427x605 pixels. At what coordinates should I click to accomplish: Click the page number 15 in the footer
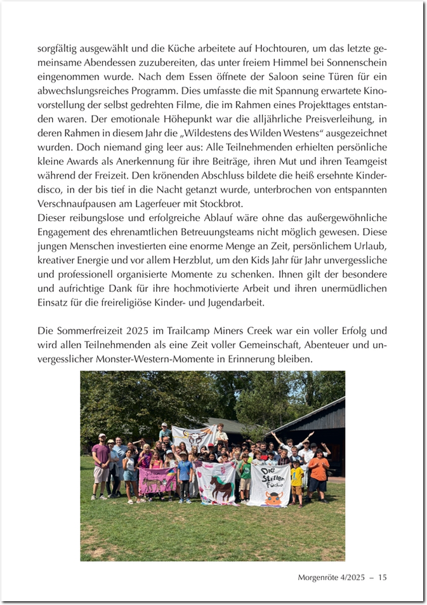[382, 577]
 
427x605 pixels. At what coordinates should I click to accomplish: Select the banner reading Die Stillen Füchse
[270, 484]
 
